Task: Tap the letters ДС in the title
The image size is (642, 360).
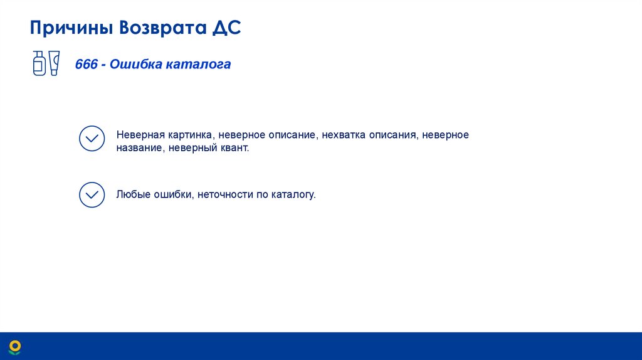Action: tap(228, 28)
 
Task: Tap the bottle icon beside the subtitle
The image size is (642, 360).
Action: tap(39, 63)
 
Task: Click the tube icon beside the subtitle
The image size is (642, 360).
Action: tap(54, 63)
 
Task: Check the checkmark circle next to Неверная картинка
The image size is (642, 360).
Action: tap(92, 138)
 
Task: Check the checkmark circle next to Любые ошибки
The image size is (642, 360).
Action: tap(92, 195)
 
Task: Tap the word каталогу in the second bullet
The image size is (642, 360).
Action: tap(293, 195)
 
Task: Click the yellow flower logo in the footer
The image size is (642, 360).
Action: tap(15, 347)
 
